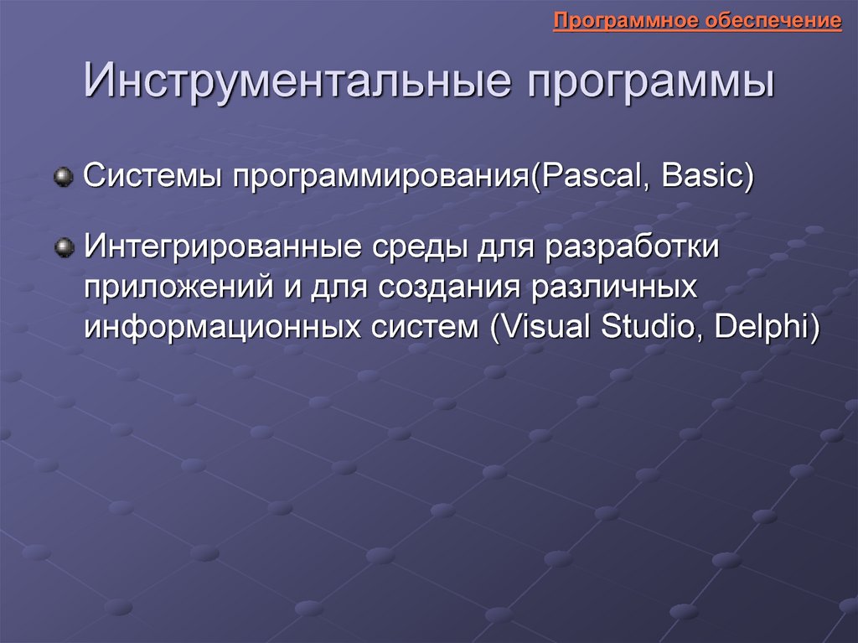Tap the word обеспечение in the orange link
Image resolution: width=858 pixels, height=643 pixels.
(x=773, y=21)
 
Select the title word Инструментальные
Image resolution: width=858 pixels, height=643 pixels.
(x=297, y=80)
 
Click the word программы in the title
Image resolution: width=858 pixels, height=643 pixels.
(x=651, y=83)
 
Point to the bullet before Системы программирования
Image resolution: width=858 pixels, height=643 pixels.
(x=64, y=177)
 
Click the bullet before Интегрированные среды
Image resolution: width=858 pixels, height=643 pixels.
(x=64, y=247)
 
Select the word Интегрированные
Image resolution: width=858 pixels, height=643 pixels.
(x=222, y=246)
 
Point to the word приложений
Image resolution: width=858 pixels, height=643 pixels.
(x=179, y=287)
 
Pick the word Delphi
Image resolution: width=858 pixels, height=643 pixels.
(x=762, y=327)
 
